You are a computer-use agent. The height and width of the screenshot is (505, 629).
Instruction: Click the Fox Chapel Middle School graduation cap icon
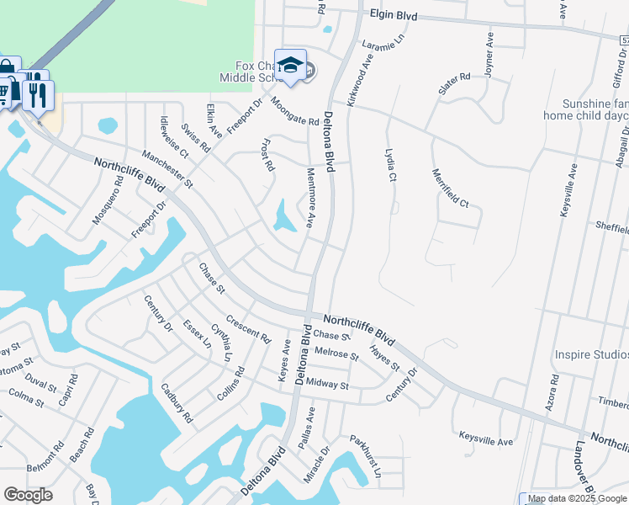pyautogui.click(x=290, y=65)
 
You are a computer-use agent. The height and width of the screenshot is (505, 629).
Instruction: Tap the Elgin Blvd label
pyautogui.click(x=393, y=14)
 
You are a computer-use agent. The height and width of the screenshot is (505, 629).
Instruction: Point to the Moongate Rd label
pyautogui.click(x=294, y=110)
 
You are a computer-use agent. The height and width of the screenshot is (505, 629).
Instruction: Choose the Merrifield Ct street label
pyautogui.click(x=450, y=189)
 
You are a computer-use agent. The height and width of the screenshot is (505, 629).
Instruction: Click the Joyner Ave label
pyautogui.click(x=489, y=53)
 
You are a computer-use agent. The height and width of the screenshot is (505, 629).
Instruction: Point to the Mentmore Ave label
pyautogui.click(x=309, y=197)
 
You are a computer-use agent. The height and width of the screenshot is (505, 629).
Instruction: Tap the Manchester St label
pyautogui.click(x=167, y=169)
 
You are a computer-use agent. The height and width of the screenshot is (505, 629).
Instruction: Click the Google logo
pyautogui.click(x=28, y=495)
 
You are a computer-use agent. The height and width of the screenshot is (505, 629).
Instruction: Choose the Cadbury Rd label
pyautogui.click(x=177, y=403)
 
